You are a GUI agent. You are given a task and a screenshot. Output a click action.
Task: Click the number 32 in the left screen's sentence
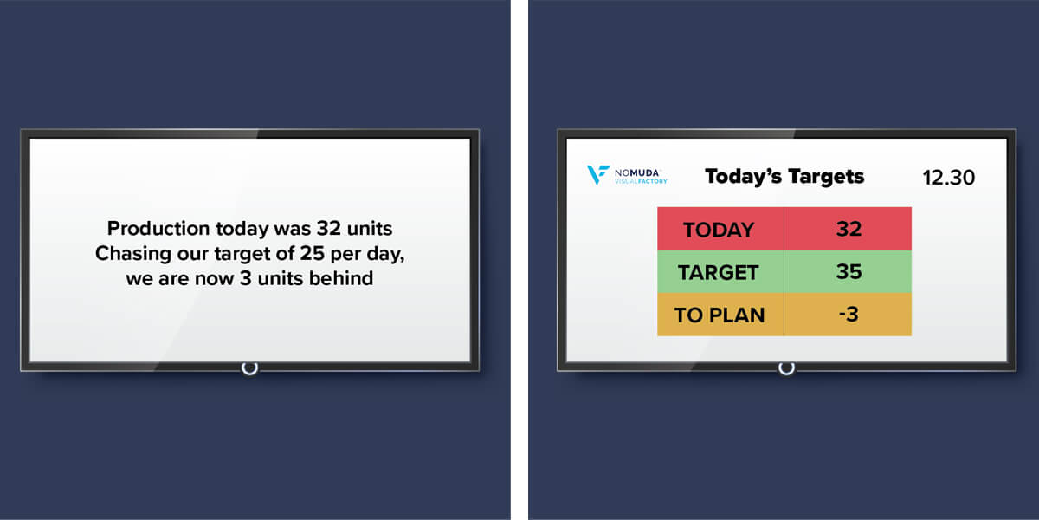coord(329,229)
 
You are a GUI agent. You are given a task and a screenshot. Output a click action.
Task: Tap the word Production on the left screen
coord(158,229)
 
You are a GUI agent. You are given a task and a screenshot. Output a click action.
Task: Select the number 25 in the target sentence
coord(312,253)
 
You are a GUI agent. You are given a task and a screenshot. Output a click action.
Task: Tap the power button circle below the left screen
coord(249,368)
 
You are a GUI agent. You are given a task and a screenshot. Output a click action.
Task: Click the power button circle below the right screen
coord(786,368)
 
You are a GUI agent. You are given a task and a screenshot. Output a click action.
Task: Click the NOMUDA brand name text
coord(636,172)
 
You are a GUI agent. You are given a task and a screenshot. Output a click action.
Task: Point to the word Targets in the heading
coord(826,177)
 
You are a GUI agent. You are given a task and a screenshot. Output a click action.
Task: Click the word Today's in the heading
coord(743,177)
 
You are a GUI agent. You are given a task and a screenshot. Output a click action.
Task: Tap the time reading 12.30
coord(949,178)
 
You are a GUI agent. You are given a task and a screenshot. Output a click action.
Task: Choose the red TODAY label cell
coord(720,229)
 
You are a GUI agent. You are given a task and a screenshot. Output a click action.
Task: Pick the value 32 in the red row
coord(849,229)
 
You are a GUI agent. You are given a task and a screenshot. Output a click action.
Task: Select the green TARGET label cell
coord(720,271)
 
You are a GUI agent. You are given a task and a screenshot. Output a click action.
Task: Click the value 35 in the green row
coord(849,271)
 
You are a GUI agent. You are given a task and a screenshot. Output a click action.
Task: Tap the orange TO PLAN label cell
coord(720,315)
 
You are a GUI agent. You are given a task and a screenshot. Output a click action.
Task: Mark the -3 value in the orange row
coord(849,315)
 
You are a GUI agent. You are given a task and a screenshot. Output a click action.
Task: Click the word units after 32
coord(370,229)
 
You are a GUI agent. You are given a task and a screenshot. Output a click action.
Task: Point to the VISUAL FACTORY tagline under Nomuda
coord(641,181)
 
